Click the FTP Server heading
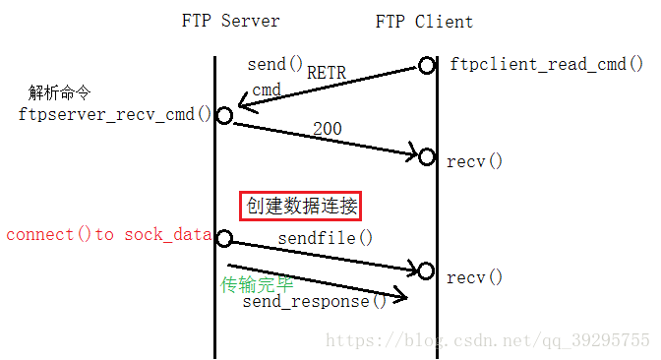coord(230,21)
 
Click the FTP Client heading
coord(424,21)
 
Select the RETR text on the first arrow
coord(328,72)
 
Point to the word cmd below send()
coord(267,90)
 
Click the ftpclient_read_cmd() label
coord(546,65)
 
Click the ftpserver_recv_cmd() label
coord(114,114)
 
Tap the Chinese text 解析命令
coord(60,93)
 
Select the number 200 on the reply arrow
coord(328,129)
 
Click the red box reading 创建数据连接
coord(301,206)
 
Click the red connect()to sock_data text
coord(108,234)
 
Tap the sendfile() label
coord(326,237)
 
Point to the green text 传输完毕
coord(257,284)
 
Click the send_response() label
coord(315,301)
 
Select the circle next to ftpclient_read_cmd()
coord(426,65)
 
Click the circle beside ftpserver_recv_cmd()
coord(223,115)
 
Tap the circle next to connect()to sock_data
coord(223,238)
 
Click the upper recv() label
coord(474,160)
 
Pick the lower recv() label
coord(474,277)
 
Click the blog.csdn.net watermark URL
coord(487,340)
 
